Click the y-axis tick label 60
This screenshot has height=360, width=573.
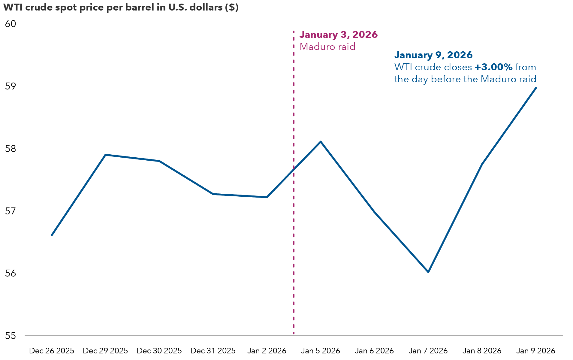pyautogui.click(x=11, y=24)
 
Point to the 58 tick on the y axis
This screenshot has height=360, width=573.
pyautogui.click(x=11, y=149)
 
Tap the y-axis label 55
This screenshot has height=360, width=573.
pyautogui.click(x=11, y=336)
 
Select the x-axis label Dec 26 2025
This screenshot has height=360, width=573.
pyautogui.click(x=52, y=351)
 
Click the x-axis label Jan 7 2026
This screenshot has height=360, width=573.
pyautogui.click(x=428, y=351)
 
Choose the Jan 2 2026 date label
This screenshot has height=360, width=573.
pyautogui.click(x=267, y=351)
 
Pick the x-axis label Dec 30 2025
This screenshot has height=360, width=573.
pyautogui.click(x=159, y=351)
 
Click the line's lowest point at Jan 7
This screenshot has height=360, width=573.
pyautogui.click(x=428, y=272)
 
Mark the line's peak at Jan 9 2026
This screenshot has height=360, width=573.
pyautogui.click(x=536, y=88)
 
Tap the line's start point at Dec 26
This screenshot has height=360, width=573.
pyautogui.click(x=52, y=235)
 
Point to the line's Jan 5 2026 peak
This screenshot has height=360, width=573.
pyautogui.click(x=321, y=141)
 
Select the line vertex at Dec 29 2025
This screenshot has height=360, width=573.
pyautogui.click(x=105, y=155)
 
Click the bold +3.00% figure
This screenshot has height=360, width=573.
pyautogui.click(x=493, y=67)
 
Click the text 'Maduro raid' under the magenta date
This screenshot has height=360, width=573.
pyautogui.click(x=327, y=47)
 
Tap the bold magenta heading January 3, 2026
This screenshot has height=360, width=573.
pyautogui.click(x=339, y=35)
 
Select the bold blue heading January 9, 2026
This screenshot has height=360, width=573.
pyautogui.click(x=433, y=55)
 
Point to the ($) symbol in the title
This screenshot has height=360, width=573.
pyautogui.click(x=231, y=7)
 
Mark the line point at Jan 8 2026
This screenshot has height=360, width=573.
pyautogui.click(x=482, y=164)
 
